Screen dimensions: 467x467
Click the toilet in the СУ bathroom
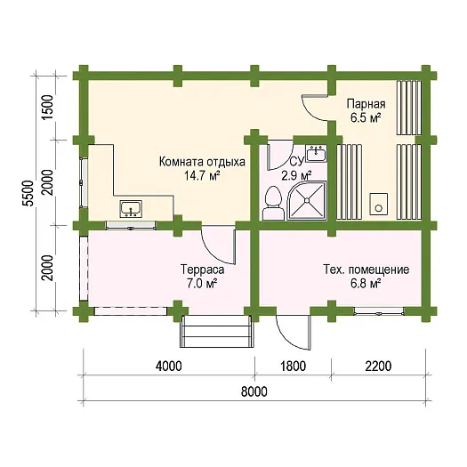coord(271,204)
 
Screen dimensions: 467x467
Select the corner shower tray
coord(307,201)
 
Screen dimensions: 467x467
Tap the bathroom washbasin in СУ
coord(317,153)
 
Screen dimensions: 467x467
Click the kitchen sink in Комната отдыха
coord(131,209)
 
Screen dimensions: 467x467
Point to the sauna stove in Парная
coord(379,204)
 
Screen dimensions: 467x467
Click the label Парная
coord(366,104)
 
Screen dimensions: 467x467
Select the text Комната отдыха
coord(202,162)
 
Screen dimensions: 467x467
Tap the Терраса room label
coord(202,270)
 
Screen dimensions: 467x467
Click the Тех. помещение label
coord(366,270)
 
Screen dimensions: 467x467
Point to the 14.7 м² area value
coord(202,176)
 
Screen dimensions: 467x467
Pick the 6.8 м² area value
coord(366,284)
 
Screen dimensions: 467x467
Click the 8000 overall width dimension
coord(254,392)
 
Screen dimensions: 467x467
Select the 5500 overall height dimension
coord(28,194)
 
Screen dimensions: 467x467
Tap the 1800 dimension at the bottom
coord(293,366)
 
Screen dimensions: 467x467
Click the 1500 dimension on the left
coord(48,108)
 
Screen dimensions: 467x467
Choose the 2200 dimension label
coord(378,366)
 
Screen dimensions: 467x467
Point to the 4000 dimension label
coord(169,366)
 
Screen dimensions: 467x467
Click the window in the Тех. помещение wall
coord(379,311)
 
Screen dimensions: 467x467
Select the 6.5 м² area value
coord(366,118)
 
